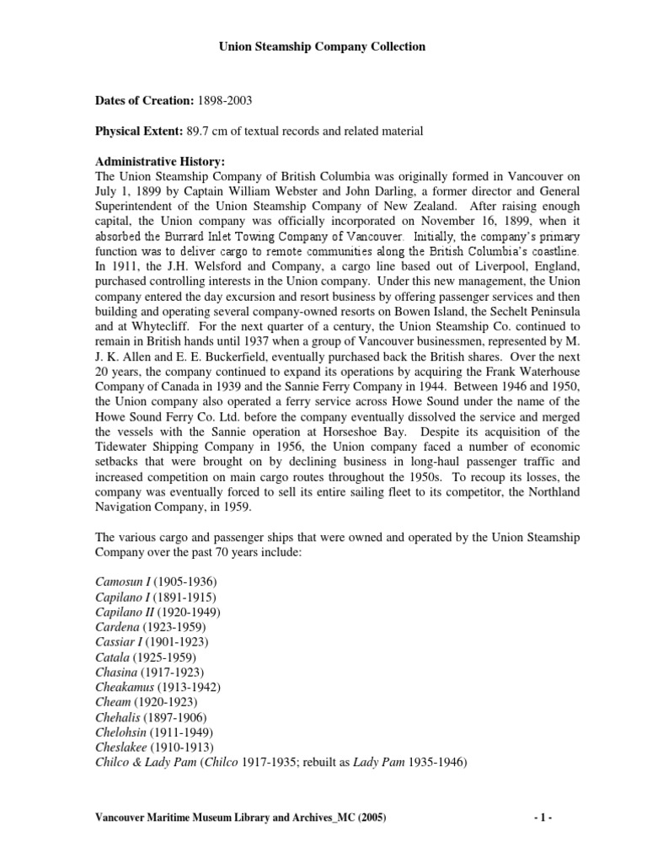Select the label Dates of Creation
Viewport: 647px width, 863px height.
click(144, 101)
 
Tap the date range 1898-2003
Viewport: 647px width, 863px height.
click(225, 101)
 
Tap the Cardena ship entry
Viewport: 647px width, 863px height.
click(115, 627)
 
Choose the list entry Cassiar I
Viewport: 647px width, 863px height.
click(120, 642)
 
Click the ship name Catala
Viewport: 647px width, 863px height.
click(112, 657)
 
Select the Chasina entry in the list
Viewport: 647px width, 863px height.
click(115, 673)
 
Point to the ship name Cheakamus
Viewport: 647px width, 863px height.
click(123, 688)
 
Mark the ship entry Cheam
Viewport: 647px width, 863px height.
click(113, 703)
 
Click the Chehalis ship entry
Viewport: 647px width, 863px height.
click(116, 718)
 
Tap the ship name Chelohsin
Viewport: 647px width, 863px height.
click(120, 733)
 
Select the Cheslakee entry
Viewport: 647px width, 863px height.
click(120, 748)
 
